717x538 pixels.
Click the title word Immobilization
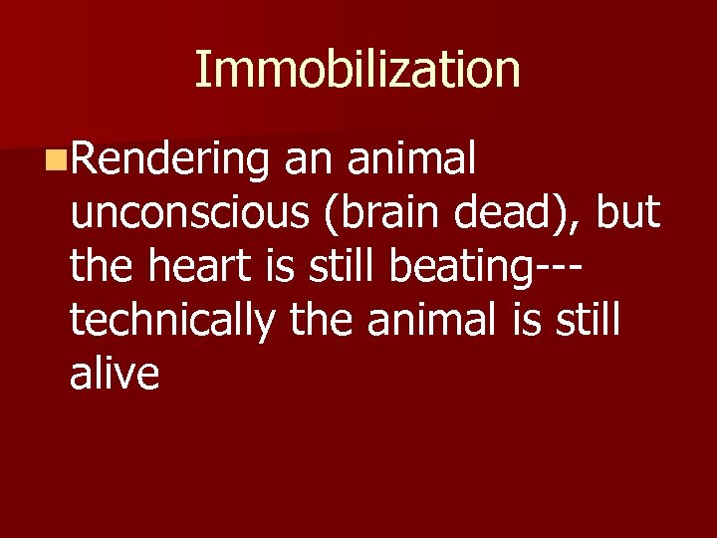pyautogui.click(x=358, y=71)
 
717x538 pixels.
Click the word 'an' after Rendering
pyautogui.click(x=306, y=158)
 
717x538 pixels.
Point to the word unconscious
pyautogui.click(x=180, y=212)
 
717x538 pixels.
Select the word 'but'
pyautogui.click(x=628, y=212)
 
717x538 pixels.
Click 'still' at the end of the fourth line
pyautogui.click(x=586, y=320)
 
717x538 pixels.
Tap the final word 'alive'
pyautogui.click(x=115, y=374)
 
